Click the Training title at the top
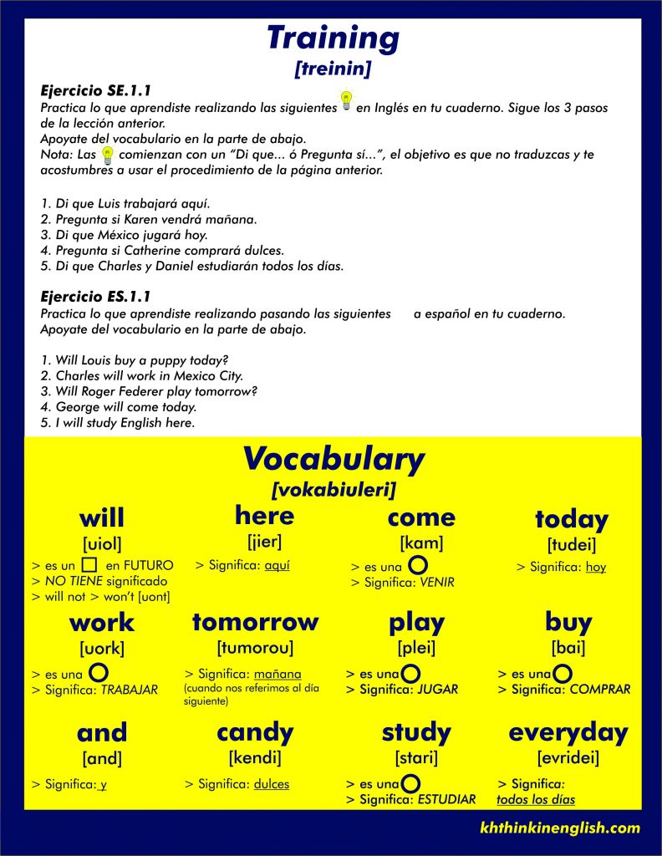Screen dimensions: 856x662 pyautogui.click(x=333, y=38)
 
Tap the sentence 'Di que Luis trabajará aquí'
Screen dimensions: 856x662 pyautogui.click(x=125, y=204)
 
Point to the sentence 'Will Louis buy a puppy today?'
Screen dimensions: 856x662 pyautogui.click(x=134, y=360)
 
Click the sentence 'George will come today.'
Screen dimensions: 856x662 pyautogui.click(x=118, y=407)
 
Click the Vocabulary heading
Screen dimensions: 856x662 pyautogui.click(x=333, y=459)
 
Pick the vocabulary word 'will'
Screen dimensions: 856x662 pyautogui.click(x=102, y=517)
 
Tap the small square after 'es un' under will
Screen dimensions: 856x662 pyautogui.click(x=90, y=564)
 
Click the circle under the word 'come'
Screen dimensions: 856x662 pyautogui.click(x=419, y=566)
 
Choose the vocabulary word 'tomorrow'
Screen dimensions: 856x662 pyautogui.click(x=255, y=622)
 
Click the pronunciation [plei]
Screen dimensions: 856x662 pyautogui.click(x=416, y=647)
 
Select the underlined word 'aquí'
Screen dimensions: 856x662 pyautogui.click(x=277, y=566)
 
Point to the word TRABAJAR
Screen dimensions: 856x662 pyautogui.click(x=129, y=690)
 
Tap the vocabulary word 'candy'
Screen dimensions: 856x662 pyautogui.click(x=255, y=732)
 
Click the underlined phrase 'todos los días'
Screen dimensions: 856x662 pyautogui.click(x=536, y=799)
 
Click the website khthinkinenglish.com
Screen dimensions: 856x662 pyautogui.click(x=560, y=828)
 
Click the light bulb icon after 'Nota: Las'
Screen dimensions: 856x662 pyautogui.click(x=107, y=155)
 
